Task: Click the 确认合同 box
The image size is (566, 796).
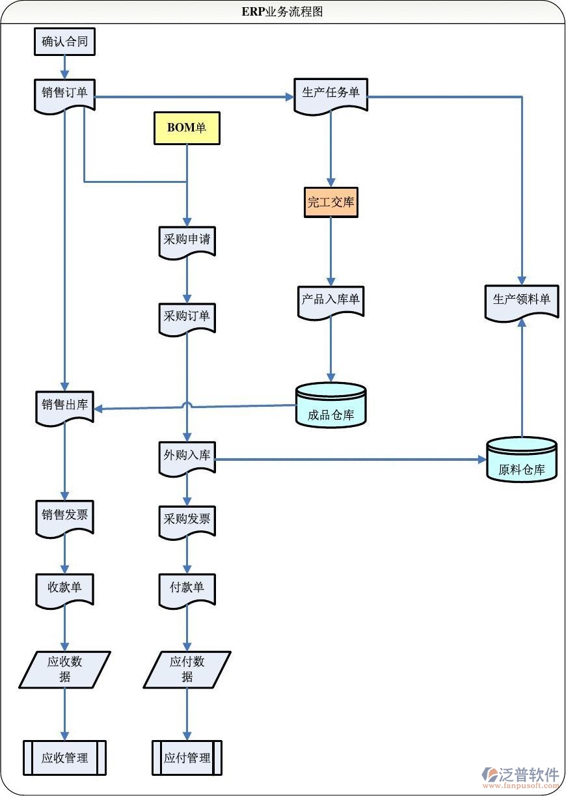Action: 64,42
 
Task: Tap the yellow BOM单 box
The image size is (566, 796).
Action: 187,128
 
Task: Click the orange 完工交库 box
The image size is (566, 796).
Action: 330,202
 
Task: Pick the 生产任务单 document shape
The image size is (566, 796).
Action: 330,94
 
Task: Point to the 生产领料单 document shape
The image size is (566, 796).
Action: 521,300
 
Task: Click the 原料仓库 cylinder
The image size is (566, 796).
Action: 521,461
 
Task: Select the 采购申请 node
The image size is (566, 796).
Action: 187,241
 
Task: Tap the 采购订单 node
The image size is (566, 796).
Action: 187,317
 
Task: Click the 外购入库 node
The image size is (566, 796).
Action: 187,456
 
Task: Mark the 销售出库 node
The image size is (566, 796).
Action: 64,405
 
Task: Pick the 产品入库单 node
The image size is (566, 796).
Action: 330,301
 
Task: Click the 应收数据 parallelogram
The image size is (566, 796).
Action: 64,669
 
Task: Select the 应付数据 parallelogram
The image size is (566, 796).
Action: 187,669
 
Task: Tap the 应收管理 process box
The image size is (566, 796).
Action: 64,758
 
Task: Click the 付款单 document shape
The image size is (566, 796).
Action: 187,588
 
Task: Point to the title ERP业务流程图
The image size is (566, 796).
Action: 282,12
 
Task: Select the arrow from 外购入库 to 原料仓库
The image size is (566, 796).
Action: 351,460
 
